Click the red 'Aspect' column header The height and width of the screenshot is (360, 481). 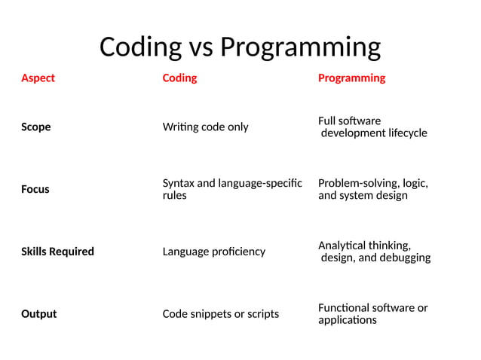(x=38, y=78)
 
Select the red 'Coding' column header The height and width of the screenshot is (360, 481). (x=179, y=78)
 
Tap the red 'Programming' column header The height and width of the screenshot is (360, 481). (x=351, y=78)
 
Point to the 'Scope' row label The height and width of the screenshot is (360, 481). (x=36, y=127)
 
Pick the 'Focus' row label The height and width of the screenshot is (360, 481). (x=35, y=189)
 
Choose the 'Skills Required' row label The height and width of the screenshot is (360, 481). (x=57, y=251)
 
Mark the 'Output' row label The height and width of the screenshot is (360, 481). (x=38, y=313)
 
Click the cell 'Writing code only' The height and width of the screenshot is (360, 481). (x=205, y=127)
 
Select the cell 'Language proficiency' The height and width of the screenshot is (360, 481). (x=214, y=251)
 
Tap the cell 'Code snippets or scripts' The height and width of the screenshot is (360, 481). (x=221, y=313)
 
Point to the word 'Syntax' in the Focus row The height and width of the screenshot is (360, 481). (x=179, y=183)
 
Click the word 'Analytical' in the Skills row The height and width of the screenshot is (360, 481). (x=344, y=245)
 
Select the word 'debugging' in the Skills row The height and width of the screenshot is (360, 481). (x=405, y=258)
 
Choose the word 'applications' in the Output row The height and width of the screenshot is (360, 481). (x=348, y=320)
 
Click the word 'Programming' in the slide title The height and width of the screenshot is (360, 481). (x=300, y=47)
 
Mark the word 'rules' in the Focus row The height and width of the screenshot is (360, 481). (x=175, y=196)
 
